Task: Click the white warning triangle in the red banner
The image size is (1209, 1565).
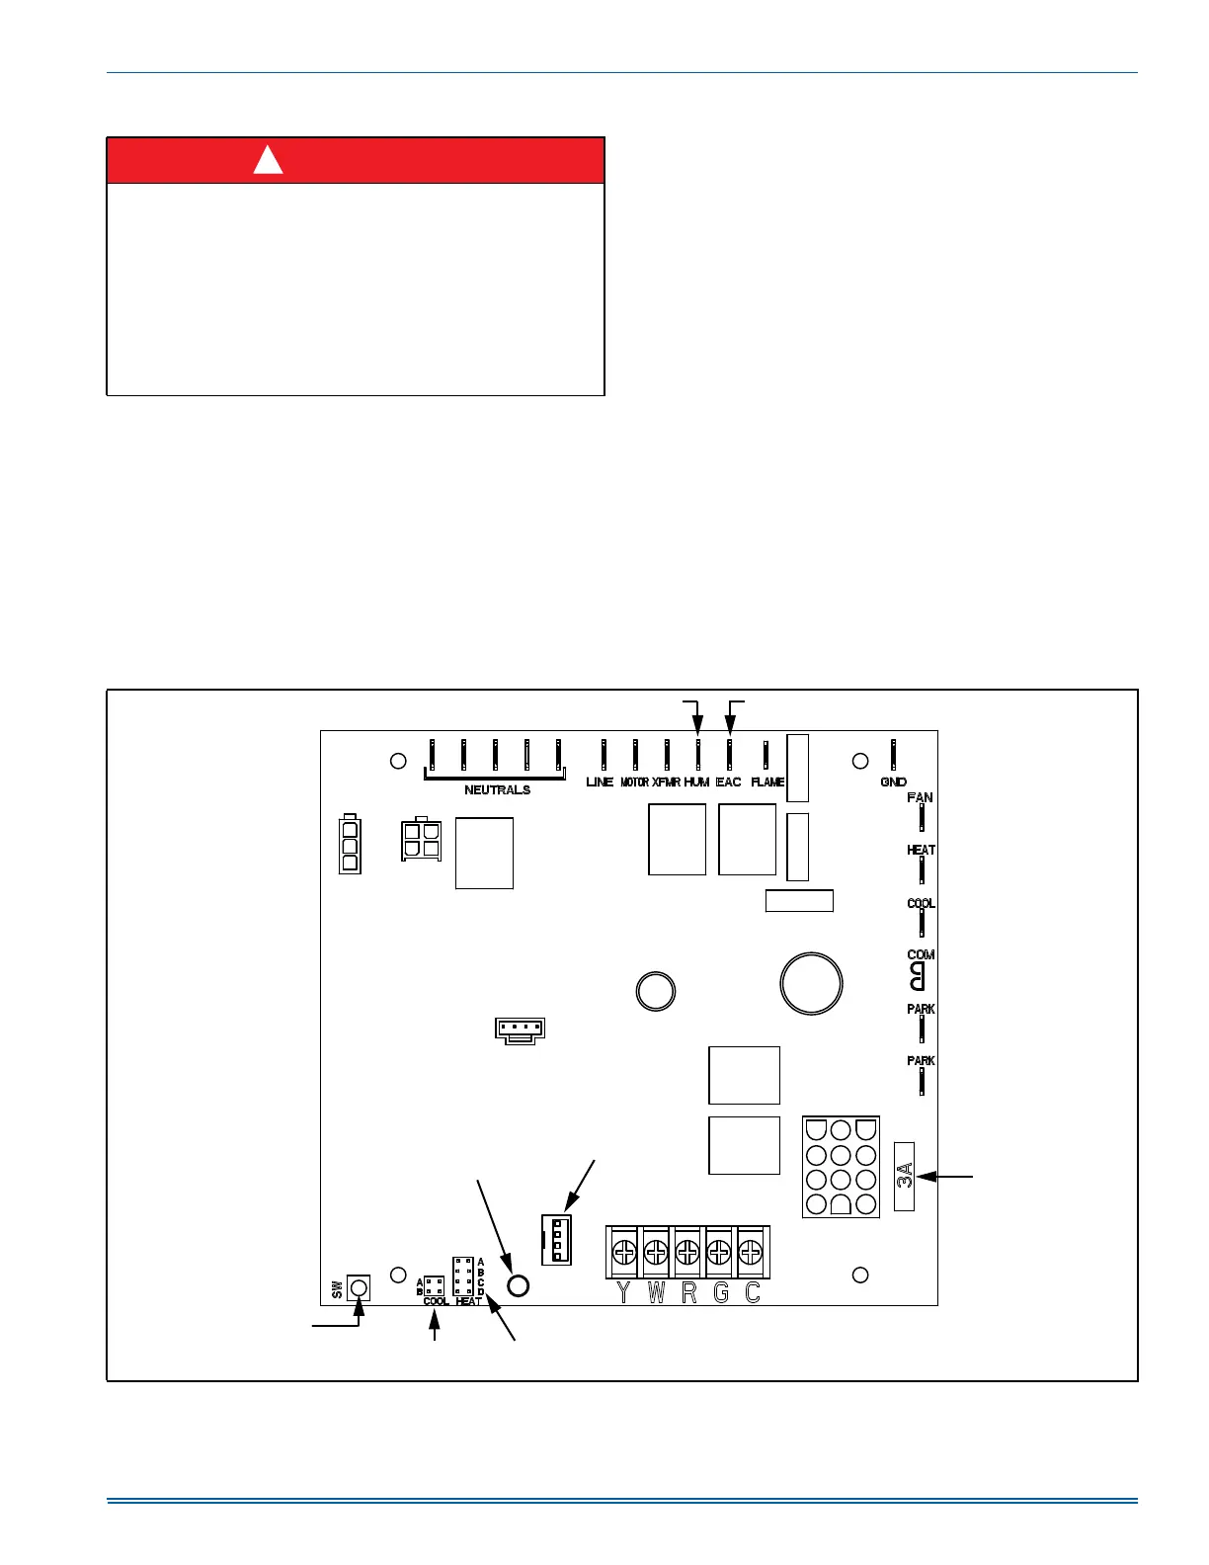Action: (269, 160)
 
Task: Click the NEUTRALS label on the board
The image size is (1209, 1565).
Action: (497, 790)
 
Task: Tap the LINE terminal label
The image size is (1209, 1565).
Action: (600, 782)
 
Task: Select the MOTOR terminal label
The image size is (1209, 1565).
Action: (634, 782)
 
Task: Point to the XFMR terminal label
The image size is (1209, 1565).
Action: (666, 782)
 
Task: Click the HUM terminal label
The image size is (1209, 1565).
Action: (696, 782)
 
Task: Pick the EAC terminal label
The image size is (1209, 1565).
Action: (728, 782)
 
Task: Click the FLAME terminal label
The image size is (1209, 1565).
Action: (767, 782)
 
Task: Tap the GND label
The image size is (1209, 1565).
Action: (893, 782)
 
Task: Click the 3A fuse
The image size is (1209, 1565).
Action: (904, 1177)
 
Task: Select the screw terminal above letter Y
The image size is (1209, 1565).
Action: (623, 1254)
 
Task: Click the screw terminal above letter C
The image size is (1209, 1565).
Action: (751, 1254)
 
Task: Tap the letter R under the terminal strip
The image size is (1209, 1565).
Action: (688, 1292)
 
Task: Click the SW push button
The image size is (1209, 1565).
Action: (359, 1287)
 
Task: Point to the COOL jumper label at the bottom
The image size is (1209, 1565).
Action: (436, 1301)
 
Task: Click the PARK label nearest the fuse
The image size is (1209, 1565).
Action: (921, 1061)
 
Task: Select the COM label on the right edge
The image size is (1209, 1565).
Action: (921, 955)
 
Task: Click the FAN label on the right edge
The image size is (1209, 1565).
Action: (920, 798)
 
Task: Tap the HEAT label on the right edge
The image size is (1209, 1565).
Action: (921, 851)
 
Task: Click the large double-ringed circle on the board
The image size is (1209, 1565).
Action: (811, 984)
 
